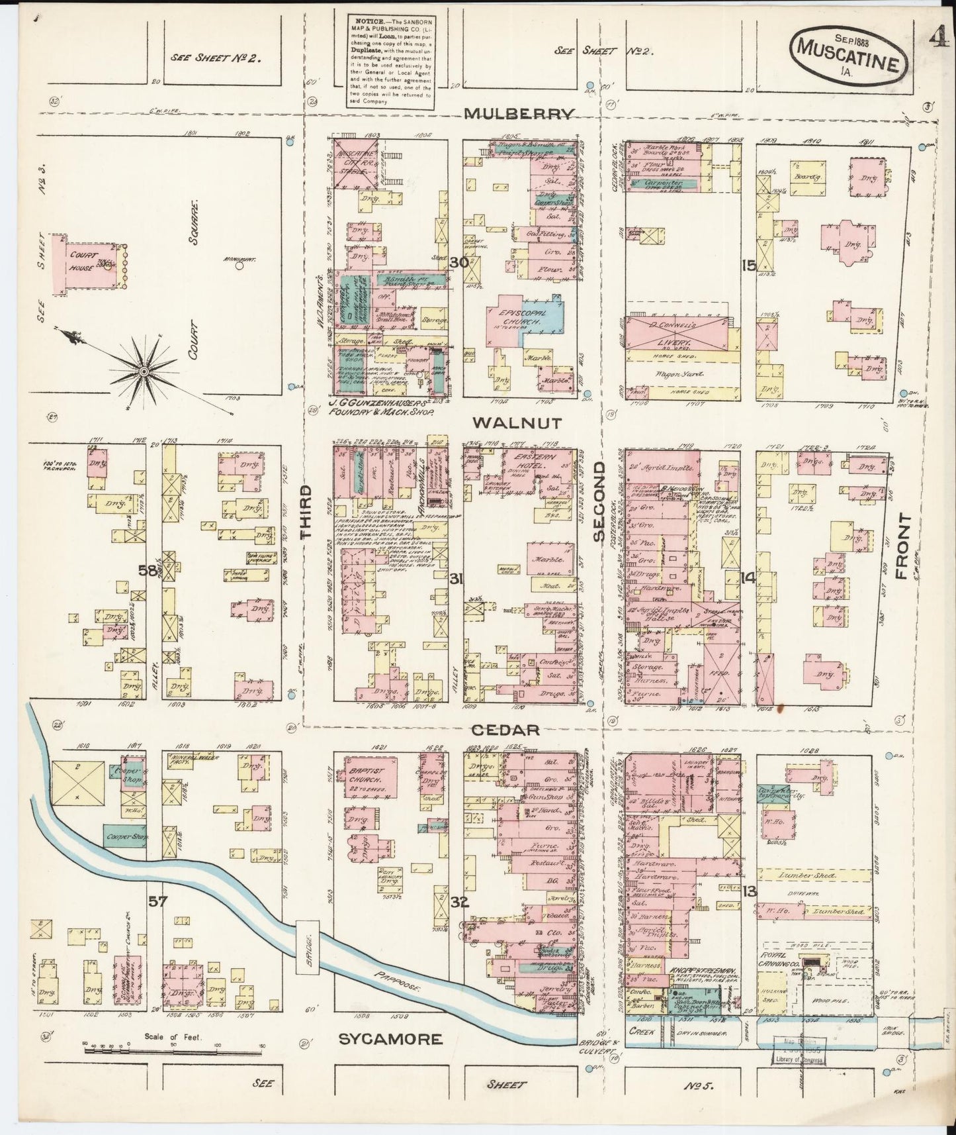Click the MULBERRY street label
(518, 113)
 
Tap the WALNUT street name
(517, 422)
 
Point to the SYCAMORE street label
(390, 1039)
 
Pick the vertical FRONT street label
(903, 547)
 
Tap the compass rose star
(142, 373)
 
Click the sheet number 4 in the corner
(937, 39)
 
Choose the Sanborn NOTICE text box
(391, 60)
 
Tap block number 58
(148, 570)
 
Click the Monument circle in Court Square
(239, 268)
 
